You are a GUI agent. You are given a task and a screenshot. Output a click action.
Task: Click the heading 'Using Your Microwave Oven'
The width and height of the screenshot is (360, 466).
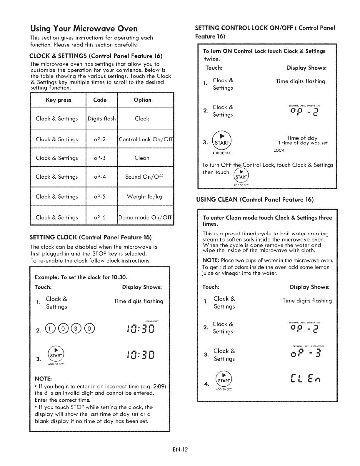pyautogui.click(x=84, y=29)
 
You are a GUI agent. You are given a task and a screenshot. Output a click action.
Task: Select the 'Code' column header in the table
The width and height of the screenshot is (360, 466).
pyautogui.click(x=100, y=100)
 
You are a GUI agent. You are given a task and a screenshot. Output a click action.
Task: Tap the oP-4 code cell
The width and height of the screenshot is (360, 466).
pyautogui.click(x=100, y=177)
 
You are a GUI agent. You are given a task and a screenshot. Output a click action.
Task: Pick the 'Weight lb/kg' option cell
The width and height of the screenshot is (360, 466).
pyautogui.click(x=144, y=197)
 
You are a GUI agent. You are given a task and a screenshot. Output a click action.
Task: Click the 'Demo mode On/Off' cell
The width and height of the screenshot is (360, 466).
pyautogui.click(x=145, y=217)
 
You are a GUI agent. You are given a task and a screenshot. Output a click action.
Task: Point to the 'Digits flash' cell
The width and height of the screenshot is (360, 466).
pyautogui.click(x=102, y=119)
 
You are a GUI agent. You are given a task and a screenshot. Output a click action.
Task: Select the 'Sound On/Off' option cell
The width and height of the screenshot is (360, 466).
pyautogui.click(x=144, y=177)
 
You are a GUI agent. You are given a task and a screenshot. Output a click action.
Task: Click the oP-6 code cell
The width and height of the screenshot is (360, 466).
pyautogui.click(x=100, y=217)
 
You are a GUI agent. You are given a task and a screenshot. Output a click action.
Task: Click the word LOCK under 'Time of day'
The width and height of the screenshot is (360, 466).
pyautogui.click(x=279, y=150)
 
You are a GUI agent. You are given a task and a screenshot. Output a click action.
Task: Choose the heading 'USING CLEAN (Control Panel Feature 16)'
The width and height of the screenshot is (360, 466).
pyautogui.click(x=255, y=200)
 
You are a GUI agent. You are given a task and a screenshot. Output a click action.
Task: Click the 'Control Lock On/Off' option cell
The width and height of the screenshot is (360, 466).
pyautogui.click(x=146, y=139)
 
